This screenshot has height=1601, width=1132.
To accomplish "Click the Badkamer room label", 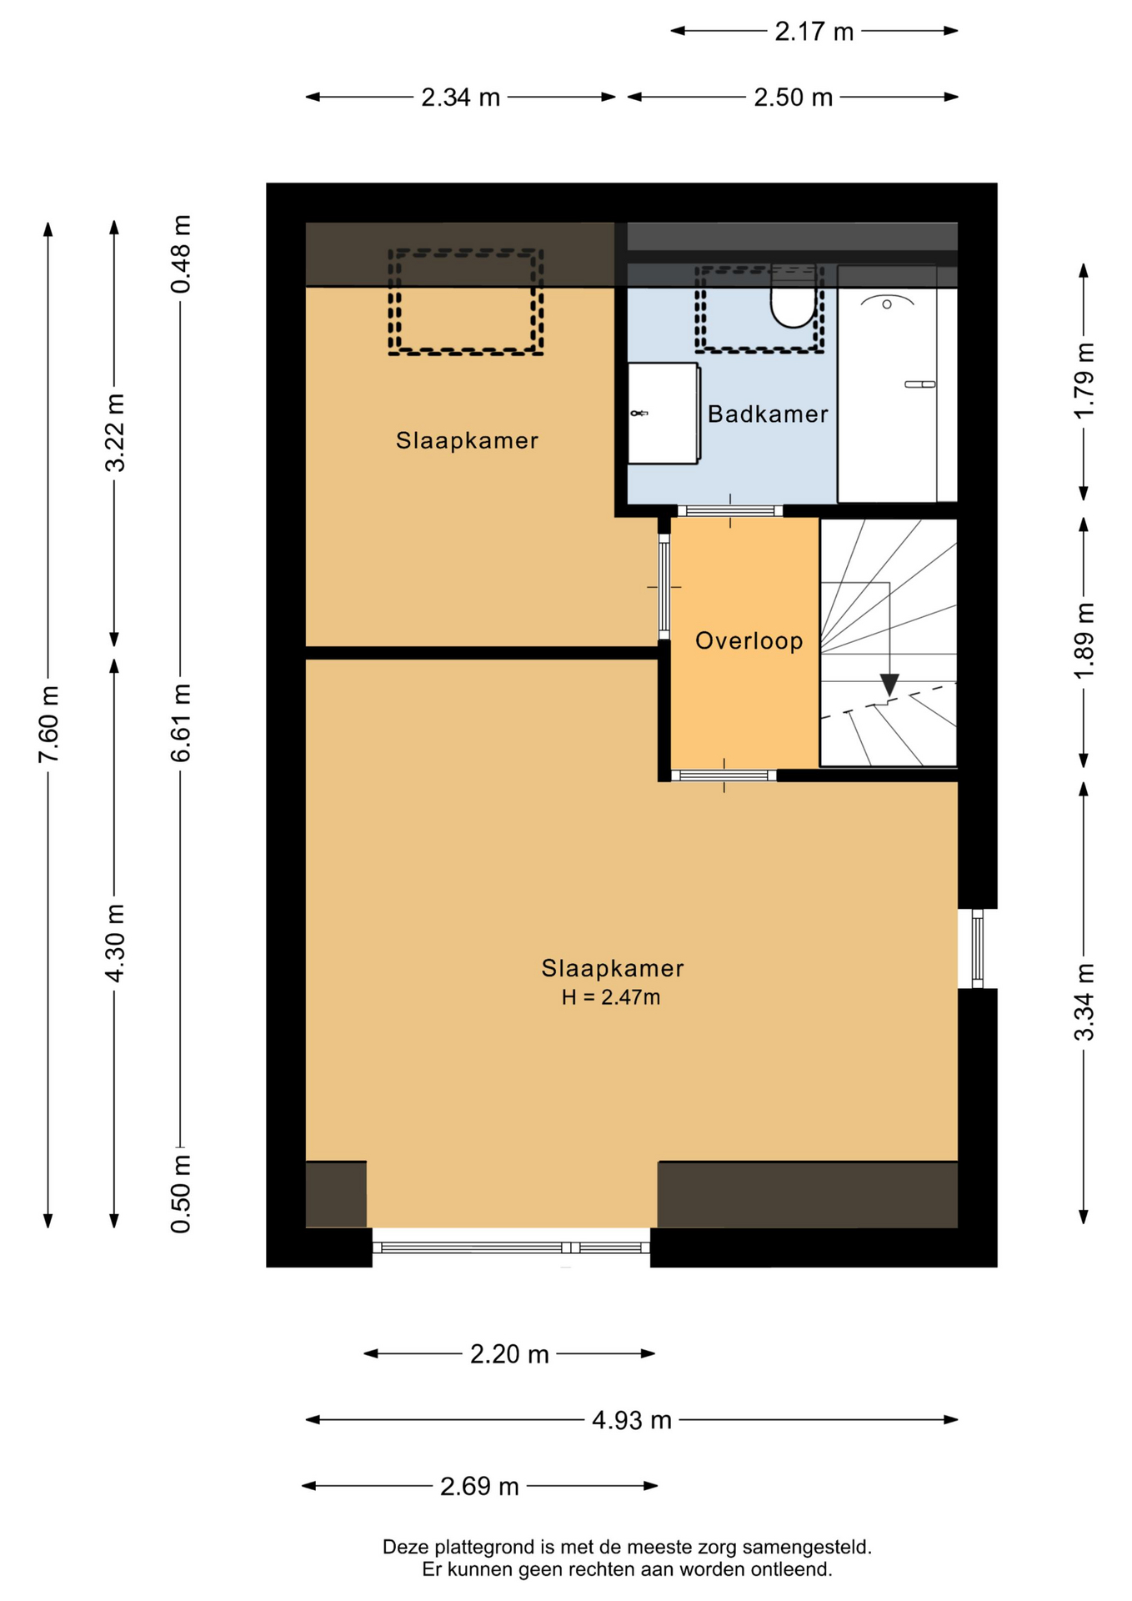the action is point(768,414).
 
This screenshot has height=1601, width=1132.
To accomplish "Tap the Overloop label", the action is point(749,640).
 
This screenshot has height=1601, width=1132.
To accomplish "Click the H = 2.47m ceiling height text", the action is point(611,997).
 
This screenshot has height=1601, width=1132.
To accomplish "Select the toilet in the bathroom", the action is point(793,298).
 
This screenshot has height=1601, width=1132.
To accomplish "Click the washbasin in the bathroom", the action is point(664,413).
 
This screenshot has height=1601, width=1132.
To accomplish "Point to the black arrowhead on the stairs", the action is point(889,685).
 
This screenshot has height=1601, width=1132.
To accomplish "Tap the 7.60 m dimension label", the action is point(48,724).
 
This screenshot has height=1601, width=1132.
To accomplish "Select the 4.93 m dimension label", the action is point(632,1419).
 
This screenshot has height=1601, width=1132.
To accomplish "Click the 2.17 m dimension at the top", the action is point(814,31).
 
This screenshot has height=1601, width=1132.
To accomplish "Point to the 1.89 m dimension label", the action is point(1084,641).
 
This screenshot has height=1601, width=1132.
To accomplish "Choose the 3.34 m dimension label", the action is point(1084,1003).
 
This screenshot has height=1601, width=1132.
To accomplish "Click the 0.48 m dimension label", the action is point(181,254).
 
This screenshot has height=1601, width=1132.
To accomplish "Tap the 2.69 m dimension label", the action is point(479,1486).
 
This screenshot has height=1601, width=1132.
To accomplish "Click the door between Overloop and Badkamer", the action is point(730,511).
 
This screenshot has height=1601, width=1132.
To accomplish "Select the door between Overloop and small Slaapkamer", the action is point(664,587).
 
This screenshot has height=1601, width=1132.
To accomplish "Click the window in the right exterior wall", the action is point(978,948).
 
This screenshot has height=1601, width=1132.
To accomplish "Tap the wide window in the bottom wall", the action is point(511,1247).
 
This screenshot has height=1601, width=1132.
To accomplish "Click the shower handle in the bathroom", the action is point(920,384).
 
